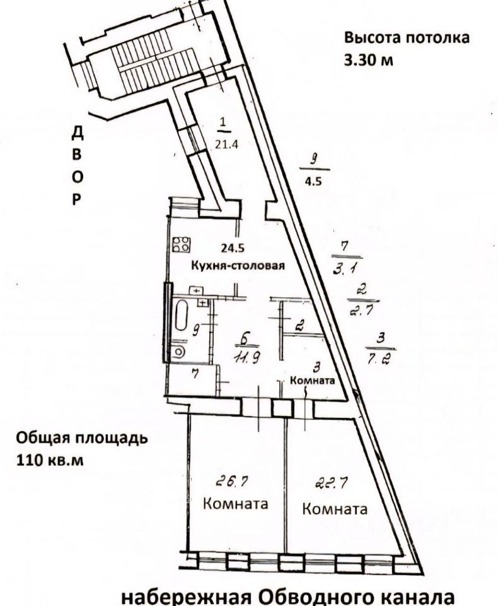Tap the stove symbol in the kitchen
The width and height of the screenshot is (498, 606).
(182, 244)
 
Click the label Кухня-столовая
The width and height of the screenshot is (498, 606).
(239, 266)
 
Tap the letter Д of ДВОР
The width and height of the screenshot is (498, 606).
(77, 133)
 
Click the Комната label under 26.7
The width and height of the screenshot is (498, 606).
(235, 504)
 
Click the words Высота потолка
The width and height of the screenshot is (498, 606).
(407, 37)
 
